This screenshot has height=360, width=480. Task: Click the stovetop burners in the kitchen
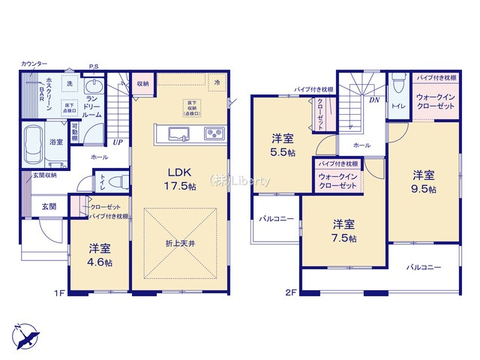[212, 134]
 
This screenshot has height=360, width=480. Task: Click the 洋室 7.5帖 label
[344, 231]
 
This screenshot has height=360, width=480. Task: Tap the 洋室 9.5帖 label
[422, 181]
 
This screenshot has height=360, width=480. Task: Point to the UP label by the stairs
[118, 142]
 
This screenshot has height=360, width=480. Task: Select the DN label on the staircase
[373, 98]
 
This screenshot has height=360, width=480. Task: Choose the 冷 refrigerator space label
[217, 81]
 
